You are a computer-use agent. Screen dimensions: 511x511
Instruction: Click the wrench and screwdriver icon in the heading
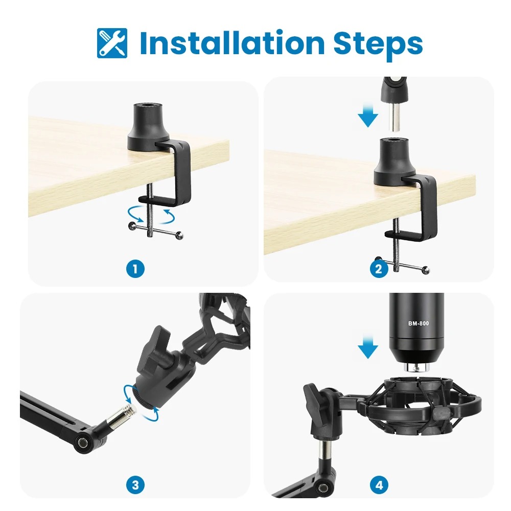(x=112, y=43)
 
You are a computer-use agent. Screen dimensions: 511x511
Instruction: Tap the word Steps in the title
(x=378, y=43)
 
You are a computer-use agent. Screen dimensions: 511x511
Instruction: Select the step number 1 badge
(x=135, y=269)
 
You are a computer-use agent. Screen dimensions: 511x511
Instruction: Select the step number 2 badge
(x=379, y=269)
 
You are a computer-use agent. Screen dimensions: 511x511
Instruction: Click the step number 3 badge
(x=135, y=484)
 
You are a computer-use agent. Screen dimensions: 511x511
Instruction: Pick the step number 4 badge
(x=379, y=484)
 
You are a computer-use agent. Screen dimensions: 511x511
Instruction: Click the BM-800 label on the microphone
(x=419, y=323)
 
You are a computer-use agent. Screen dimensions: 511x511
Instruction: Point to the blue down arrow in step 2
(x=367, y=117)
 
